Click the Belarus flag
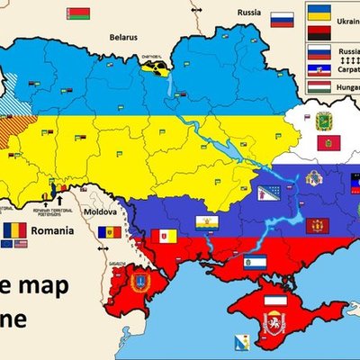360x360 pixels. (x=78, y=13)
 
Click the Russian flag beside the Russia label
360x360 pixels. (x=282, y=18)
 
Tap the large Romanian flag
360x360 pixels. (x=14, y=230)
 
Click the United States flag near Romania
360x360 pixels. (x=22, y=244)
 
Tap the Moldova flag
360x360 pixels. (x=109, y=232)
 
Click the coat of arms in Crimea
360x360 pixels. (x=271, y=323)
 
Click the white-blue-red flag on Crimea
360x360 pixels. (x=271, y=301)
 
